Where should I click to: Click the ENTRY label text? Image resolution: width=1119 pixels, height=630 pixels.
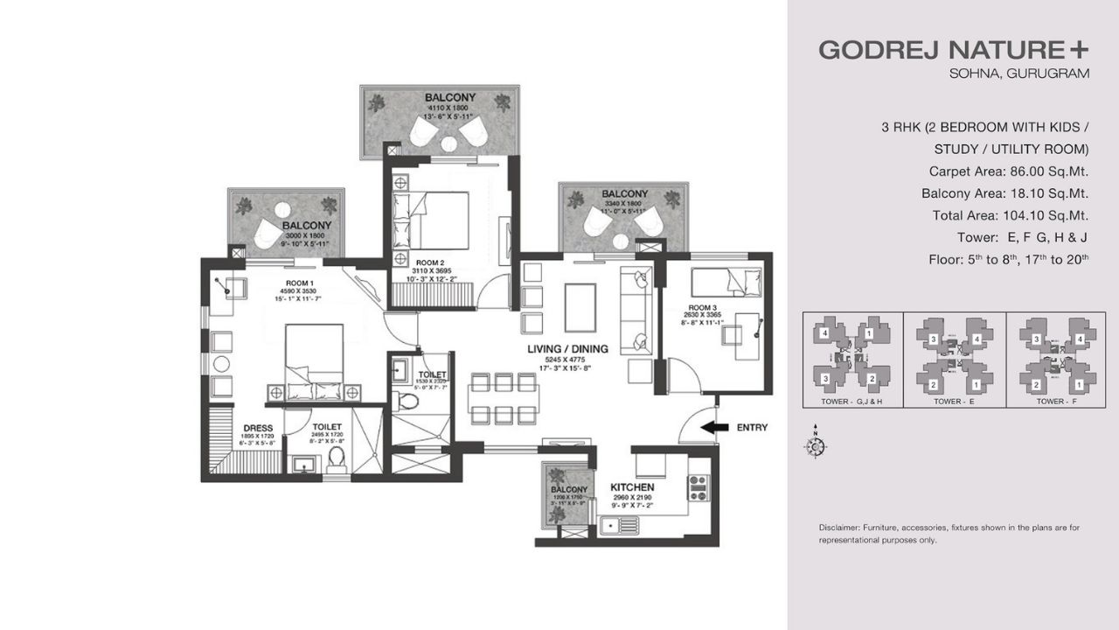tap(752, 428)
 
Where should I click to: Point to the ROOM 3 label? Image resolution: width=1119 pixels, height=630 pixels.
tap(703, 308)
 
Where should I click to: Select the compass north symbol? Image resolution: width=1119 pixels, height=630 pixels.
tap(814, 446)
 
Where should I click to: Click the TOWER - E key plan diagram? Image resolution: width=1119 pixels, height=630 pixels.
tap(954, 354)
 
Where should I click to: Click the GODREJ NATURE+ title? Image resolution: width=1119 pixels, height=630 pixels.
tap(954, 50)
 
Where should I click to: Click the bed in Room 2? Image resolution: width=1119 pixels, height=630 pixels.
tap(441, 219)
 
